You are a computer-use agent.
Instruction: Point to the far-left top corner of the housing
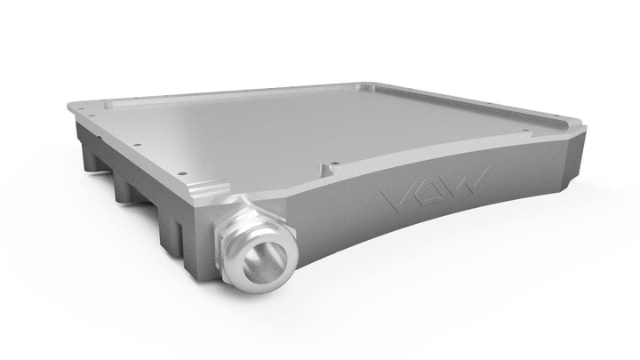coord(74,103)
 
